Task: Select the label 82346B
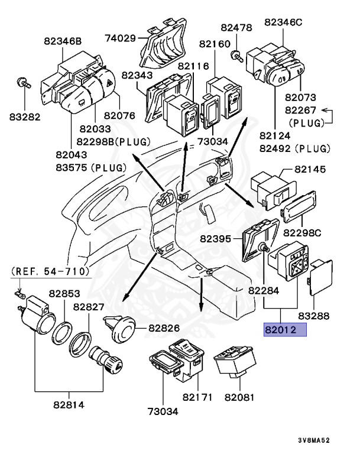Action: click(62, 41)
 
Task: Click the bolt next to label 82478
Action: click(235, 56)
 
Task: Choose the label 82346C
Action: click(283, 22)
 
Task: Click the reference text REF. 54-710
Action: click(50, 271)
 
